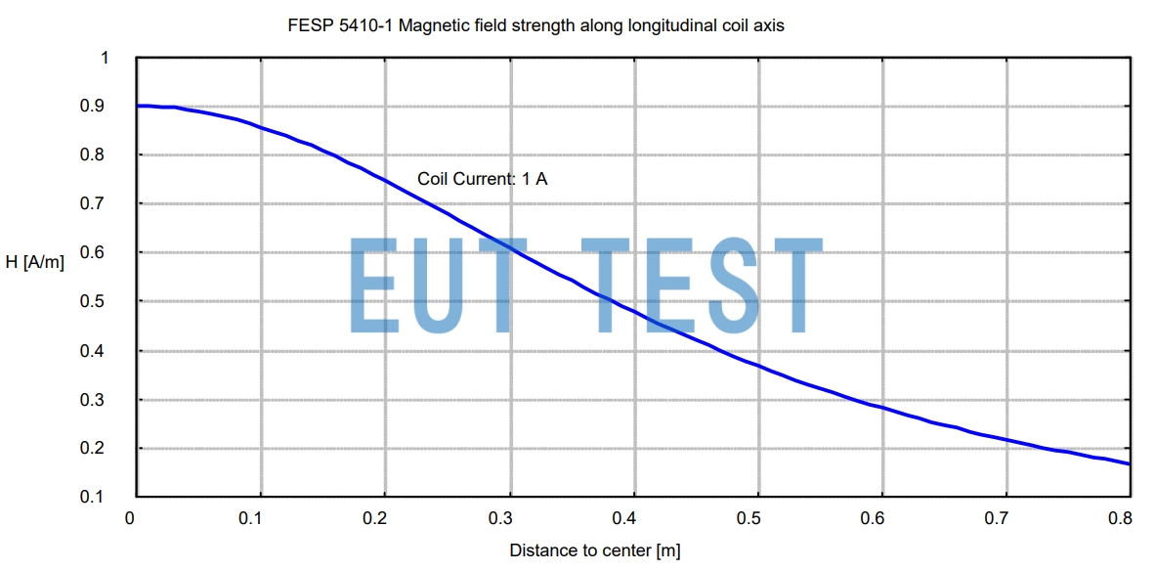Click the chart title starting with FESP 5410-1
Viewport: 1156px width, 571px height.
tap(535, 26)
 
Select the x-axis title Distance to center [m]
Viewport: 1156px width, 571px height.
tap(594, 550)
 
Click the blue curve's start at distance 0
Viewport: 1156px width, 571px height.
tap(139, 106)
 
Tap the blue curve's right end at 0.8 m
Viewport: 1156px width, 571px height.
tap(1130, 463)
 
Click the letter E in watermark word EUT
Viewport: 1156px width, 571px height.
tap(372, 284)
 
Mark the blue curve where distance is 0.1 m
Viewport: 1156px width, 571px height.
tap(261, 128)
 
